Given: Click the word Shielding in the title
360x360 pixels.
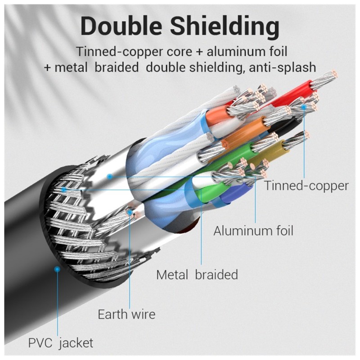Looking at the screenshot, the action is [225, 27].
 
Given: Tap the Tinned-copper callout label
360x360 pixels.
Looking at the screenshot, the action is [306, 185].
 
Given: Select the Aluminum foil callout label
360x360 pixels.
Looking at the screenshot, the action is [253, 230].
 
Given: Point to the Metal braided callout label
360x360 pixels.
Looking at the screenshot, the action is [197, 274].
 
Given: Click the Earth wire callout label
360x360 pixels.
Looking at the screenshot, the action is [126, 314].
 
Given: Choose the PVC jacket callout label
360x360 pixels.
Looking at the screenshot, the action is [61, 343].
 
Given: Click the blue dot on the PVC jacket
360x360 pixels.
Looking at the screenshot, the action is [57, 269].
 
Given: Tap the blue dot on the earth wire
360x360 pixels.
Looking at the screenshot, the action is [130, 212].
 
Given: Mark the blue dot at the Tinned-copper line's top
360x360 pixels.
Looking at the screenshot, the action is [304, 107].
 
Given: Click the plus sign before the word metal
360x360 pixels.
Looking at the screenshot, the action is [47, 68].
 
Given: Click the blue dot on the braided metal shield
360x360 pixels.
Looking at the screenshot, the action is [64, 189].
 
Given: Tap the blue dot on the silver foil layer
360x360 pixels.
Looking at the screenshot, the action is [110, 176].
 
